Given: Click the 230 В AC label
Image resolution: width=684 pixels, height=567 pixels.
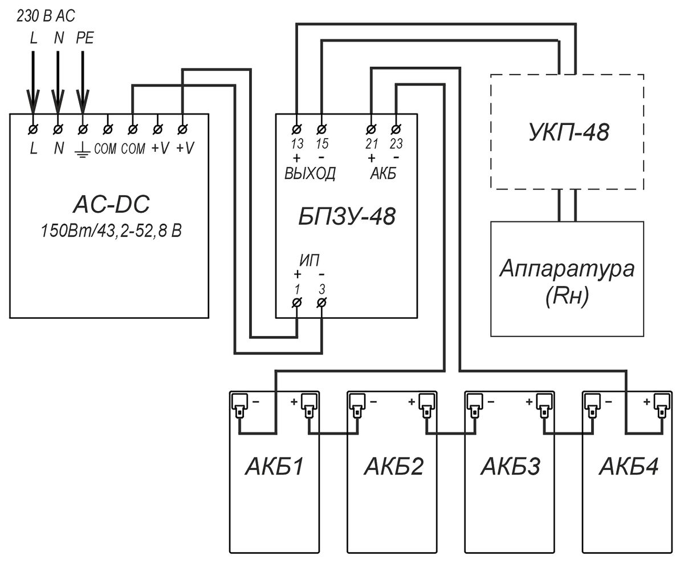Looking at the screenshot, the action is [46, 16].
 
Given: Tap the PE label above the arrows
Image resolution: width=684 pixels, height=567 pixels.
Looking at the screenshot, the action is [85, 38].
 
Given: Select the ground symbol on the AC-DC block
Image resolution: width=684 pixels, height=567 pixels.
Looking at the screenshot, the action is [82, 150].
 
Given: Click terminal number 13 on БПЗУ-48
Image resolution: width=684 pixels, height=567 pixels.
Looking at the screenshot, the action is [297, 144].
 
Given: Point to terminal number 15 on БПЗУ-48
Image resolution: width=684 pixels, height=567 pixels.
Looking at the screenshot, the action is [322, 144].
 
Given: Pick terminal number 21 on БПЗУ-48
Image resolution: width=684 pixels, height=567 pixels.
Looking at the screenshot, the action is [372, 144].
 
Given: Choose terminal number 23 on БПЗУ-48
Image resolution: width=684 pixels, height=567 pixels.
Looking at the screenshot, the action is [396, 144].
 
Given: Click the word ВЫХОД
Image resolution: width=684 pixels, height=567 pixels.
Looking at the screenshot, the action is [310, 173].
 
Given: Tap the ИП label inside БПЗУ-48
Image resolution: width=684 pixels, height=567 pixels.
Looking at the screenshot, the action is [310, 260].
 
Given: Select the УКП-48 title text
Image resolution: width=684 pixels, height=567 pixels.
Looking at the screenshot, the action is [569, 132].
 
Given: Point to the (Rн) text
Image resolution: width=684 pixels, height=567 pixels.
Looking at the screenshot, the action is [567, 295].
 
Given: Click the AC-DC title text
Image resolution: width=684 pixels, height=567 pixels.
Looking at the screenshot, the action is [111, 204].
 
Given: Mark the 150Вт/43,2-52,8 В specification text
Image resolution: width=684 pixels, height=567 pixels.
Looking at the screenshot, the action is [111, 230].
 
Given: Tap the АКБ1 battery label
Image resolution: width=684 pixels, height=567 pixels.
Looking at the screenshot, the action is [274, 467].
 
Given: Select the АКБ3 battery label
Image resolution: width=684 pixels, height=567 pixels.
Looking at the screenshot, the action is [510, 467].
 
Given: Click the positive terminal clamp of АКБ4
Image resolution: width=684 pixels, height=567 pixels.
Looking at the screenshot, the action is [662, 406].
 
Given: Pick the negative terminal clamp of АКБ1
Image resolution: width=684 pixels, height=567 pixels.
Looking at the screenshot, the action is [240, 406].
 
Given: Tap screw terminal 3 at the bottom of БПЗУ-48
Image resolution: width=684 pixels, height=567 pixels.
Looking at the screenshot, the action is [321, 302].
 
